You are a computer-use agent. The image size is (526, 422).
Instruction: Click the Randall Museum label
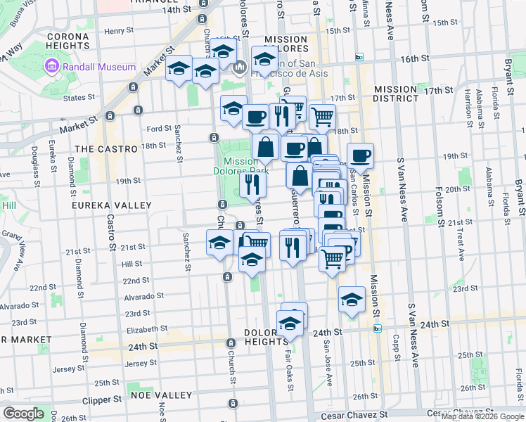[99, 67]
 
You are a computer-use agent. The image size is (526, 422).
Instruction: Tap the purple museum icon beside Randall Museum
[52, 67]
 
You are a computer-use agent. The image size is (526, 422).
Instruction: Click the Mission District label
[395, 94]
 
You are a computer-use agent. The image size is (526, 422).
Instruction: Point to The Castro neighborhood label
[106, 149]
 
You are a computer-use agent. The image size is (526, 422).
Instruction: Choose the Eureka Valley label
[112, 205]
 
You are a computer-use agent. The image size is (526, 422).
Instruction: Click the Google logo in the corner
[23, 414]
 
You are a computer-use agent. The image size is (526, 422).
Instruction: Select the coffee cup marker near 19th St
[360, 156]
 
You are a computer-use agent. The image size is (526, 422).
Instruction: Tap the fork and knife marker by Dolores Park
[252, 184]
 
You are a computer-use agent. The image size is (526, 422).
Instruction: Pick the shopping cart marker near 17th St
[321, 116]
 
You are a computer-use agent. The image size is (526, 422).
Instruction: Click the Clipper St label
[117, 399]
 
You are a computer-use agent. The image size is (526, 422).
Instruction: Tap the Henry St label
[118, 31]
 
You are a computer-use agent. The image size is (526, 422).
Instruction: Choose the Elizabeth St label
[146, 328]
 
